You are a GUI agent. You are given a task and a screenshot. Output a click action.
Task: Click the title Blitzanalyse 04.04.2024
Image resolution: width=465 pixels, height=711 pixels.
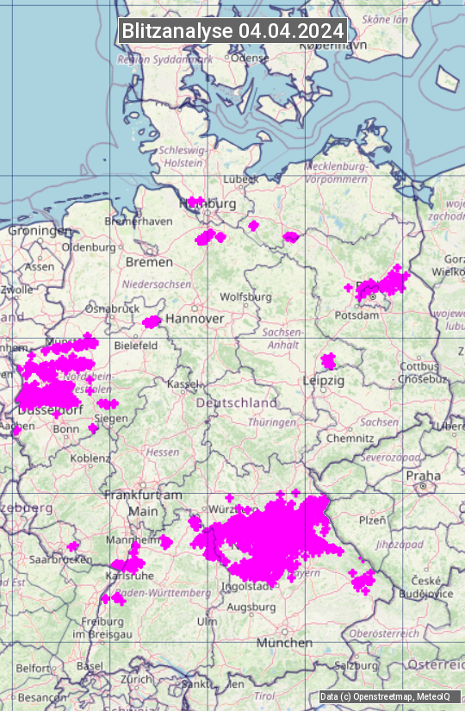[x=232, y=30]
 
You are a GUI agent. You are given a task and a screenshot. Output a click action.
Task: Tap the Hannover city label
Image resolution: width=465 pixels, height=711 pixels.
[x=195, y=319]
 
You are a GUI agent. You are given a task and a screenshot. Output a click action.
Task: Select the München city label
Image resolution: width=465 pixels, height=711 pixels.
[x=283, y=643]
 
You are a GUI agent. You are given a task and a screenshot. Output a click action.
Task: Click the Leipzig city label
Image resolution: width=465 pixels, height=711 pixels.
[x=323, y=380]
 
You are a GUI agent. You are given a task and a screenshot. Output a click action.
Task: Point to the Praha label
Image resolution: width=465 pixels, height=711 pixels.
[x=423, y=476]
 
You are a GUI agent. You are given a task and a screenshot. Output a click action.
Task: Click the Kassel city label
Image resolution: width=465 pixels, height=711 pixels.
[x=183, y=384]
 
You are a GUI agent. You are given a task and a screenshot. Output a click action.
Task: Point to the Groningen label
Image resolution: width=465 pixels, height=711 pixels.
[x=40, y=231]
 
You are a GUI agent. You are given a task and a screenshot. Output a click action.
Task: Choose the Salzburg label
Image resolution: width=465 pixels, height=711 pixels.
[x=356, y=665]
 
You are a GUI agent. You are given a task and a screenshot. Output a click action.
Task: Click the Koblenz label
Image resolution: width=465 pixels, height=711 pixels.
[x=90, y=458]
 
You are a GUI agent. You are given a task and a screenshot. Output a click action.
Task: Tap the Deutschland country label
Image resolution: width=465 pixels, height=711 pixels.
[x=237, y=402]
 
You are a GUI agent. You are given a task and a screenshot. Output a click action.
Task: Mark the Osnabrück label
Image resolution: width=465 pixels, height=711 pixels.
[x=112, y=308]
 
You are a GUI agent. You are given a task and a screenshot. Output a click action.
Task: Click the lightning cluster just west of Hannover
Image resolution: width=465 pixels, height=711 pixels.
[x=152, y=322]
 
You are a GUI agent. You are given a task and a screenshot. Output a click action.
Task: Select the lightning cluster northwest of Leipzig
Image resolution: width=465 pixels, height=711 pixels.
[x=328, y=360]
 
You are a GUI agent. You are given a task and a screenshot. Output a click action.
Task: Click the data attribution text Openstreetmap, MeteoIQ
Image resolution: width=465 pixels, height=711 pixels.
[x=384, y=696]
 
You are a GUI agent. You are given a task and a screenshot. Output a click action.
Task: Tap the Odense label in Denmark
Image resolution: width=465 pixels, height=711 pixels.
[x=251, y=58]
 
